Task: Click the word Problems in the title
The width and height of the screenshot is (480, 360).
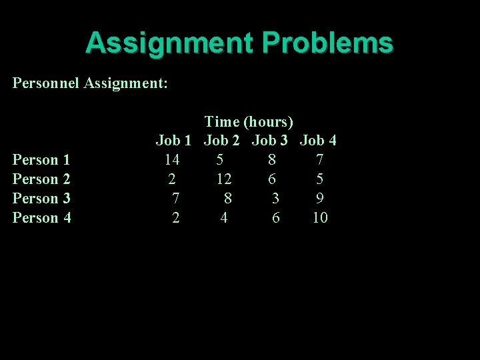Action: [x=327, y=43]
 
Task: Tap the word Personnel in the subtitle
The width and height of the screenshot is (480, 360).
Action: [x=45, y=83]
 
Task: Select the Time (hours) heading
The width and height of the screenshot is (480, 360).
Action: [x=249, y=121]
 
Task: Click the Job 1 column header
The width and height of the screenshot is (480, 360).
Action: [x=173, y=141]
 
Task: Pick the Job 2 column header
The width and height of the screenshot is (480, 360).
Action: [x=222, y=141]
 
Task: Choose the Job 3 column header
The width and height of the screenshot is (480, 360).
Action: [x=270, y=141]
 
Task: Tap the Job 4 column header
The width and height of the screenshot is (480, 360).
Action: [x=318, y=141]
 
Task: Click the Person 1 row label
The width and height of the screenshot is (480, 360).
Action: [x=41, y=160]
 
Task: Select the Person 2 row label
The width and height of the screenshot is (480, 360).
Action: [x=41, y=179]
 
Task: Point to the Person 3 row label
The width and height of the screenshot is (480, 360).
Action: [x=41, y=199]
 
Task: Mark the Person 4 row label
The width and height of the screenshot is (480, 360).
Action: [x=41, y=218]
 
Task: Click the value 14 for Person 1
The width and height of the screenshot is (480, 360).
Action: [x=172, y=160]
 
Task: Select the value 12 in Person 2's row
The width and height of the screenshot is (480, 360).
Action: [x=224, y=179]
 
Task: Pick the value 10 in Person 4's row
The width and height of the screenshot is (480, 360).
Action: [x=320, y=218]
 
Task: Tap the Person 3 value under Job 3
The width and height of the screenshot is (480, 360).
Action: [x=275, y=199]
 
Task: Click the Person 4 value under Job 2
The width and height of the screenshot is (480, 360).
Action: [x=224, y=218]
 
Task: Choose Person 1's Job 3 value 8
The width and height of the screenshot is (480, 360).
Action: [x=271, y=160]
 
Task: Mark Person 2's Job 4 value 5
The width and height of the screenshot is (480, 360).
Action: [x=320, y=179]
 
